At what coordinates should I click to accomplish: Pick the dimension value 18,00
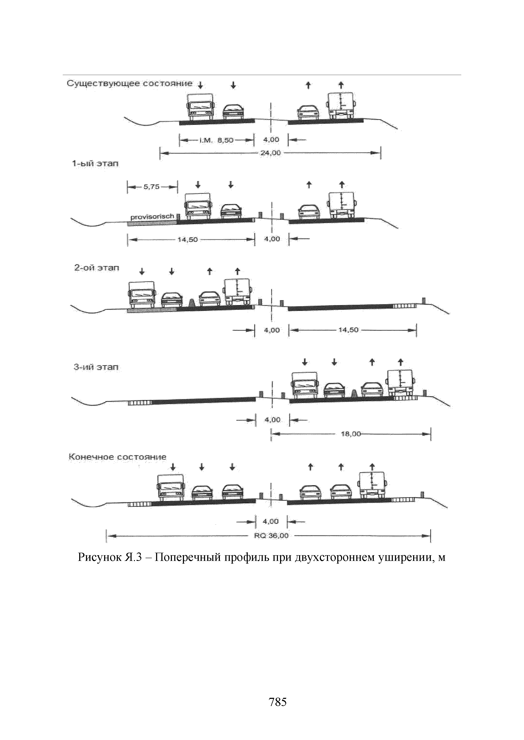[x=351, y=434]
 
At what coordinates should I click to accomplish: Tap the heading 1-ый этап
[x=95, y=164]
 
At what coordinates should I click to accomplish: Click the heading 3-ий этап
[x=96, y=367]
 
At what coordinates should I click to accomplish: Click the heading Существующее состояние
[x=129, y=84]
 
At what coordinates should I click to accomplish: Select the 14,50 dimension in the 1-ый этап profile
[x=188, y=239]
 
